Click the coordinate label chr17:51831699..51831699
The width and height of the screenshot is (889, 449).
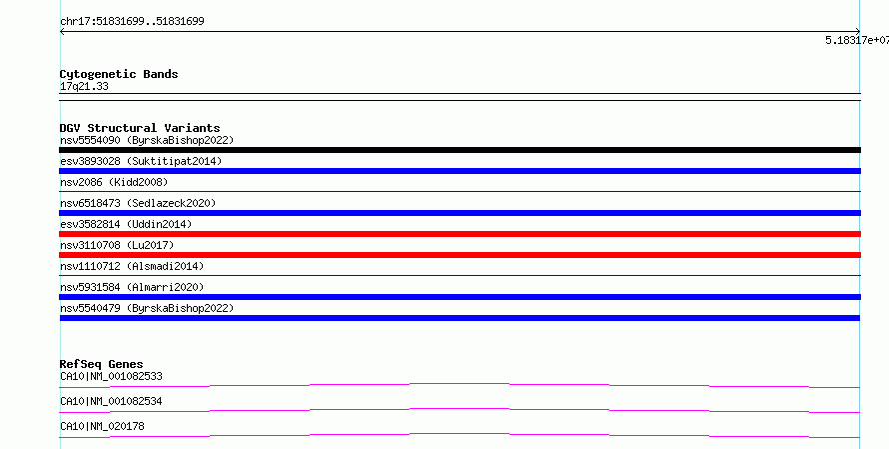tap(132, 22)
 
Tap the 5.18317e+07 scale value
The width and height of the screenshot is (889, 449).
tap(857, 40)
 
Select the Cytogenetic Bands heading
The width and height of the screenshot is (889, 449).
tap(119, 74)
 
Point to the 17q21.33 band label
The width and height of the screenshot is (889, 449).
tap(84, 86)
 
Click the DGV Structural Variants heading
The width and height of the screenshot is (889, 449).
tap(140, 128)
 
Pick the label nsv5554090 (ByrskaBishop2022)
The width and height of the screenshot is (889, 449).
tap(147, 140)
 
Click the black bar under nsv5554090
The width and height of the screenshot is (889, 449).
tap(459, 150)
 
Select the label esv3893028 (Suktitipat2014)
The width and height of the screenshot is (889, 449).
tap(141, 161)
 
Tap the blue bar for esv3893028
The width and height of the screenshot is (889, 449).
tap(459, 171)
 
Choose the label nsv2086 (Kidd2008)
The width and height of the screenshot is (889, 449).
tap(114, 182)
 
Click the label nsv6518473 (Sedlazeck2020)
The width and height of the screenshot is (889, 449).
tap(138, 203)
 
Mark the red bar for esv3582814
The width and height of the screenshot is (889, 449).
tap(459, 234)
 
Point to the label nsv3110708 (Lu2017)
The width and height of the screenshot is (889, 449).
tap(117, 245)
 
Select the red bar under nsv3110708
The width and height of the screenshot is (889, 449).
tap(459, 255)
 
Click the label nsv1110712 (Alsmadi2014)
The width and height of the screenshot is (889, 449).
tap(132, 266)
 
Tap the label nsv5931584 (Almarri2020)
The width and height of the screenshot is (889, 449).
tap(132, 287)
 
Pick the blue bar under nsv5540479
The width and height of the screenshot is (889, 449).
tap(459, 318)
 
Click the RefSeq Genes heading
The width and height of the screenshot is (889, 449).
tap(102, 364)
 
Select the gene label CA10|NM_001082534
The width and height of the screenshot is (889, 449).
tap(111, 401)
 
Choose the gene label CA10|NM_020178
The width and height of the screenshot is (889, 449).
tap(102, 426)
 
